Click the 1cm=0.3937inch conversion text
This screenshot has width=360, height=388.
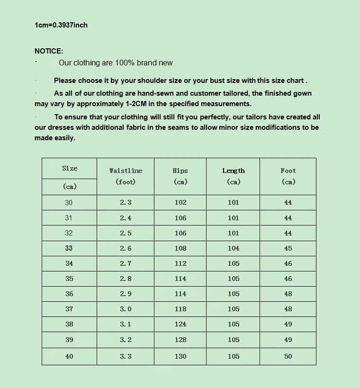61,25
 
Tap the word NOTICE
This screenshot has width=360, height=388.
49,51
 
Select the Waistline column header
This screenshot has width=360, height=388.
126,171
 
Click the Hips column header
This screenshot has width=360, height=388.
180,171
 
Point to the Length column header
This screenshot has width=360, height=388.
234,171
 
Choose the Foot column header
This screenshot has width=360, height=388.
288,171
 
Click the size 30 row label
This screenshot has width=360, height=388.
69,203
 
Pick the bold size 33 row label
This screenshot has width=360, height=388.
69,248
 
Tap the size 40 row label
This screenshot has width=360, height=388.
69,356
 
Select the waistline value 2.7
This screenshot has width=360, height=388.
126,263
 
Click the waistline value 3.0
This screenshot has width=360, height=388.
126,309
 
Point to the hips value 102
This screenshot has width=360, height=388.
180,203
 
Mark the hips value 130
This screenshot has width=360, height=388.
180,356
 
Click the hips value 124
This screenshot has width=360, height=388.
180,325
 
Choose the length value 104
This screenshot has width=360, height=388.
234,248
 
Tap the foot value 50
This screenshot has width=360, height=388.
288,356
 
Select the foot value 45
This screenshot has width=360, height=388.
288,248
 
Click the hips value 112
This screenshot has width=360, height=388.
180,263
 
